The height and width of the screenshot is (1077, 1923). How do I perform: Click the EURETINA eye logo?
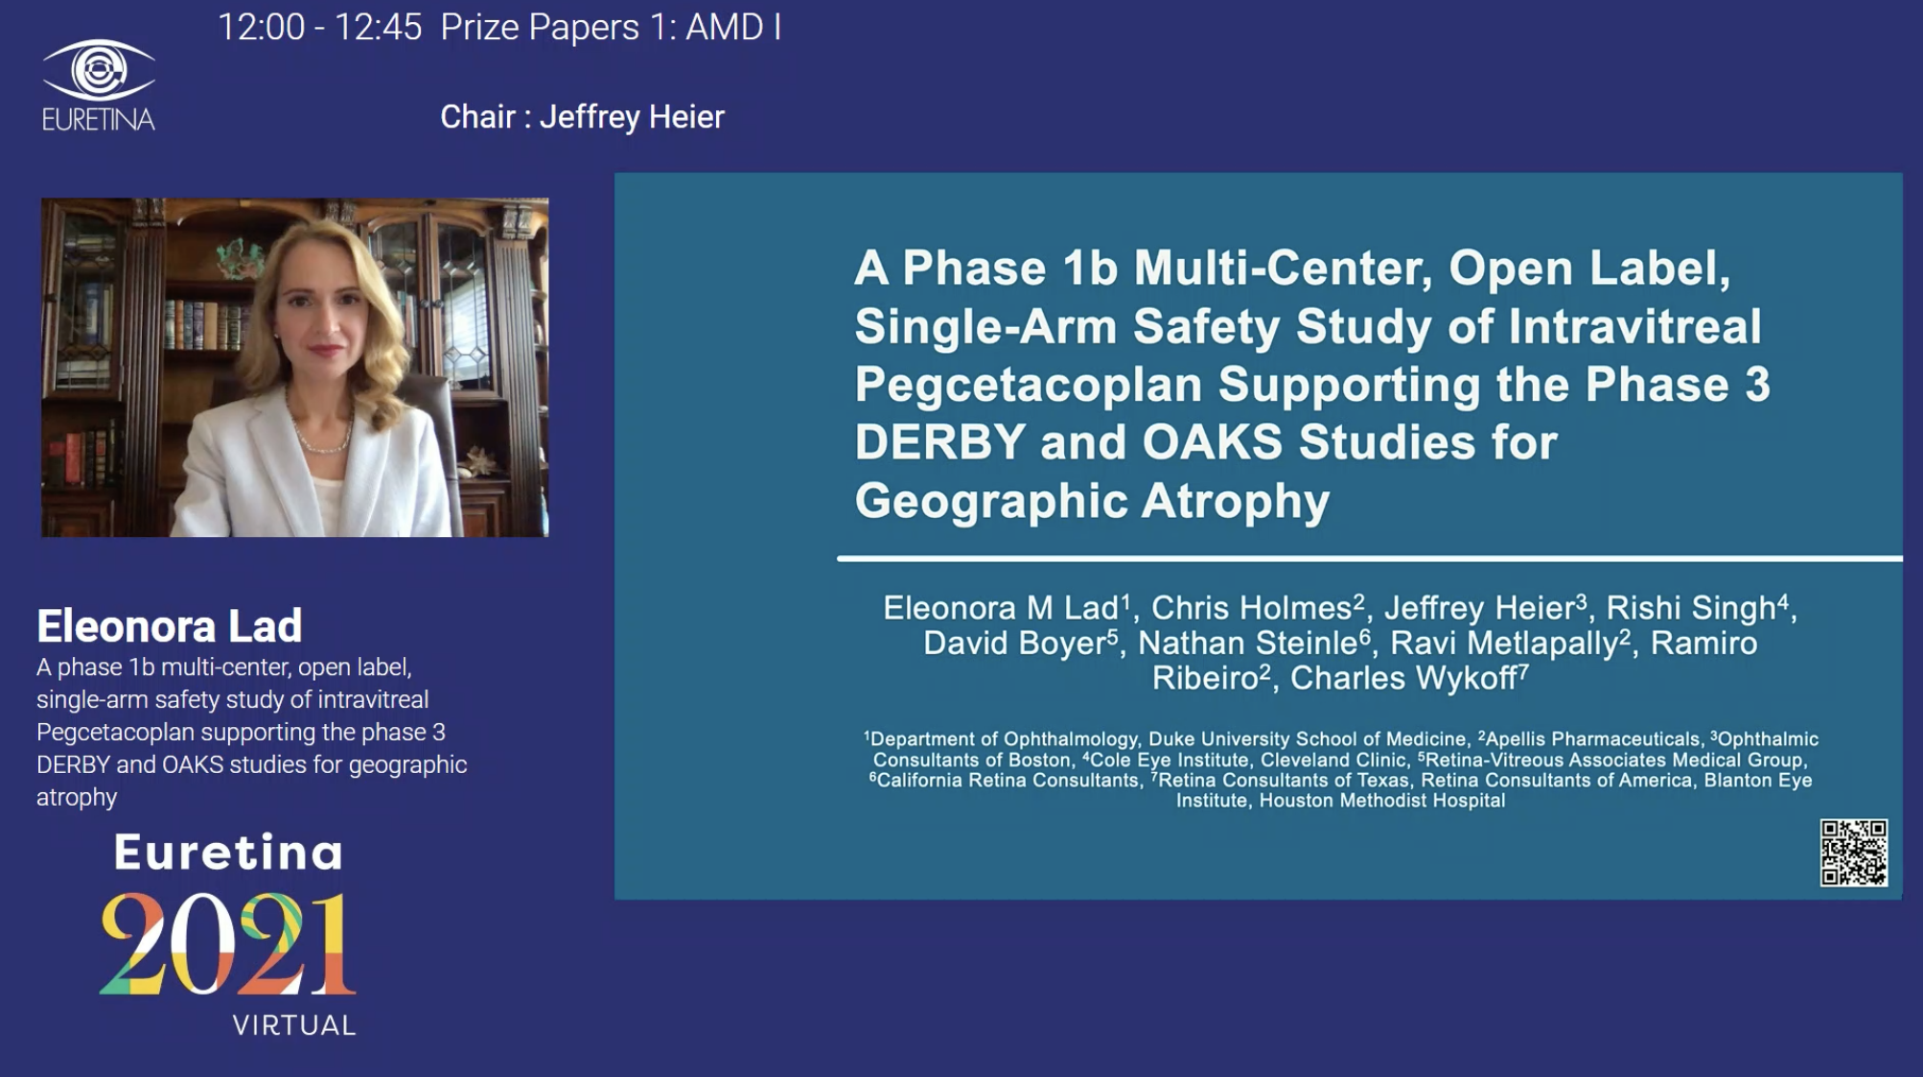coord(99,70)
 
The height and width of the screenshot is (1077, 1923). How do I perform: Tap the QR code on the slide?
coord(1853,852)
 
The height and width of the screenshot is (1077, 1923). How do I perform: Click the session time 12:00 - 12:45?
coord(319,27)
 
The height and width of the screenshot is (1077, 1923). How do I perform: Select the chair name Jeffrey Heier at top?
coord(632,117)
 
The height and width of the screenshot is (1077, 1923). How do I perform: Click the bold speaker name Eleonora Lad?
coord(170,625)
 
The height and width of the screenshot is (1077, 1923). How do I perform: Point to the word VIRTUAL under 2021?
coord(294,1025)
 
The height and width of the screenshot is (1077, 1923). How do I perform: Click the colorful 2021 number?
coord(227,944)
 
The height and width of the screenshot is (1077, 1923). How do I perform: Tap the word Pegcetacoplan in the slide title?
coord(1028,385)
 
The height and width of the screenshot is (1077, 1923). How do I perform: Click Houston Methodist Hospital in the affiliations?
coord(1382,800)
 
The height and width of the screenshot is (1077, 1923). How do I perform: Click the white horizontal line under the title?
coord(1370,557)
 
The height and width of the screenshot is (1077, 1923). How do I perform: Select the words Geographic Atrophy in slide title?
coord(1092,502)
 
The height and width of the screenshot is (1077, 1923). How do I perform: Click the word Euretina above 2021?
coord(228,852)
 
